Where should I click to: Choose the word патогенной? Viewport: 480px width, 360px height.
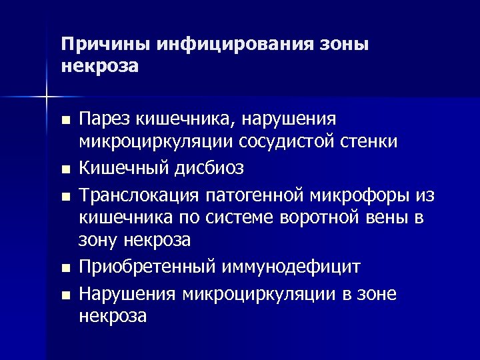pyautogui.click(x=260, y=195)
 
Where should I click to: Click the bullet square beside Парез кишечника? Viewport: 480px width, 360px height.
pyautogui.click(x=63, y=121)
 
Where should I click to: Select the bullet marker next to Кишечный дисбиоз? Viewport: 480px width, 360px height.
pyautogui.click(x=63, y=169)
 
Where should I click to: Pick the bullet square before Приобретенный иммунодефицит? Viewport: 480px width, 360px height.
pyautogui.click(x=63, y=269)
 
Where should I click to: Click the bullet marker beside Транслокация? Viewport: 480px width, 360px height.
pyautogui.click(x=63, y=197)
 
